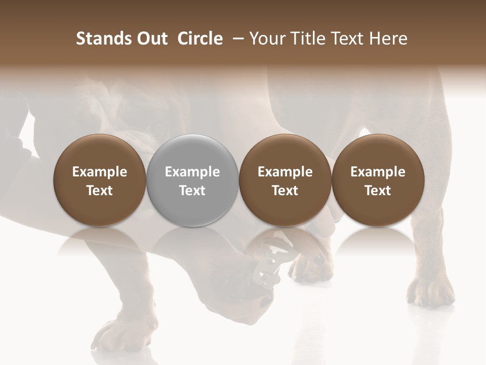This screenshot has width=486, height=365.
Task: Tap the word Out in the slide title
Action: coord(151,39)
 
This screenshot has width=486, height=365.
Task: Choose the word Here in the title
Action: coord(388,39)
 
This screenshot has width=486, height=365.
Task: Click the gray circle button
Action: coord(192,180)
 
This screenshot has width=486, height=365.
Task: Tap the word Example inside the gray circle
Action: coord(192,172)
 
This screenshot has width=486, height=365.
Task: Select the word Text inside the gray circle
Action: coord(192,191)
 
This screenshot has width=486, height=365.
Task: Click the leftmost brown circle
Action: coord(100,180)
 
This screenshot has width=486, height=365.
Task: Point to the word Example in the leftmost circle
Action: coord(100,172)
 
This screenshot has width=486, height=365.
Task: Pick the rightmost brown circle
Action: coord(378,180)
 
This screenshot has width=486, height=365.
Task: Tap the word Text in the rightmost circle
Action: coord(378,191)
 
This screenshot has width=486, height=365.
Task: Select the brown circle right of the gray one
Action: coord(285,180)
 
